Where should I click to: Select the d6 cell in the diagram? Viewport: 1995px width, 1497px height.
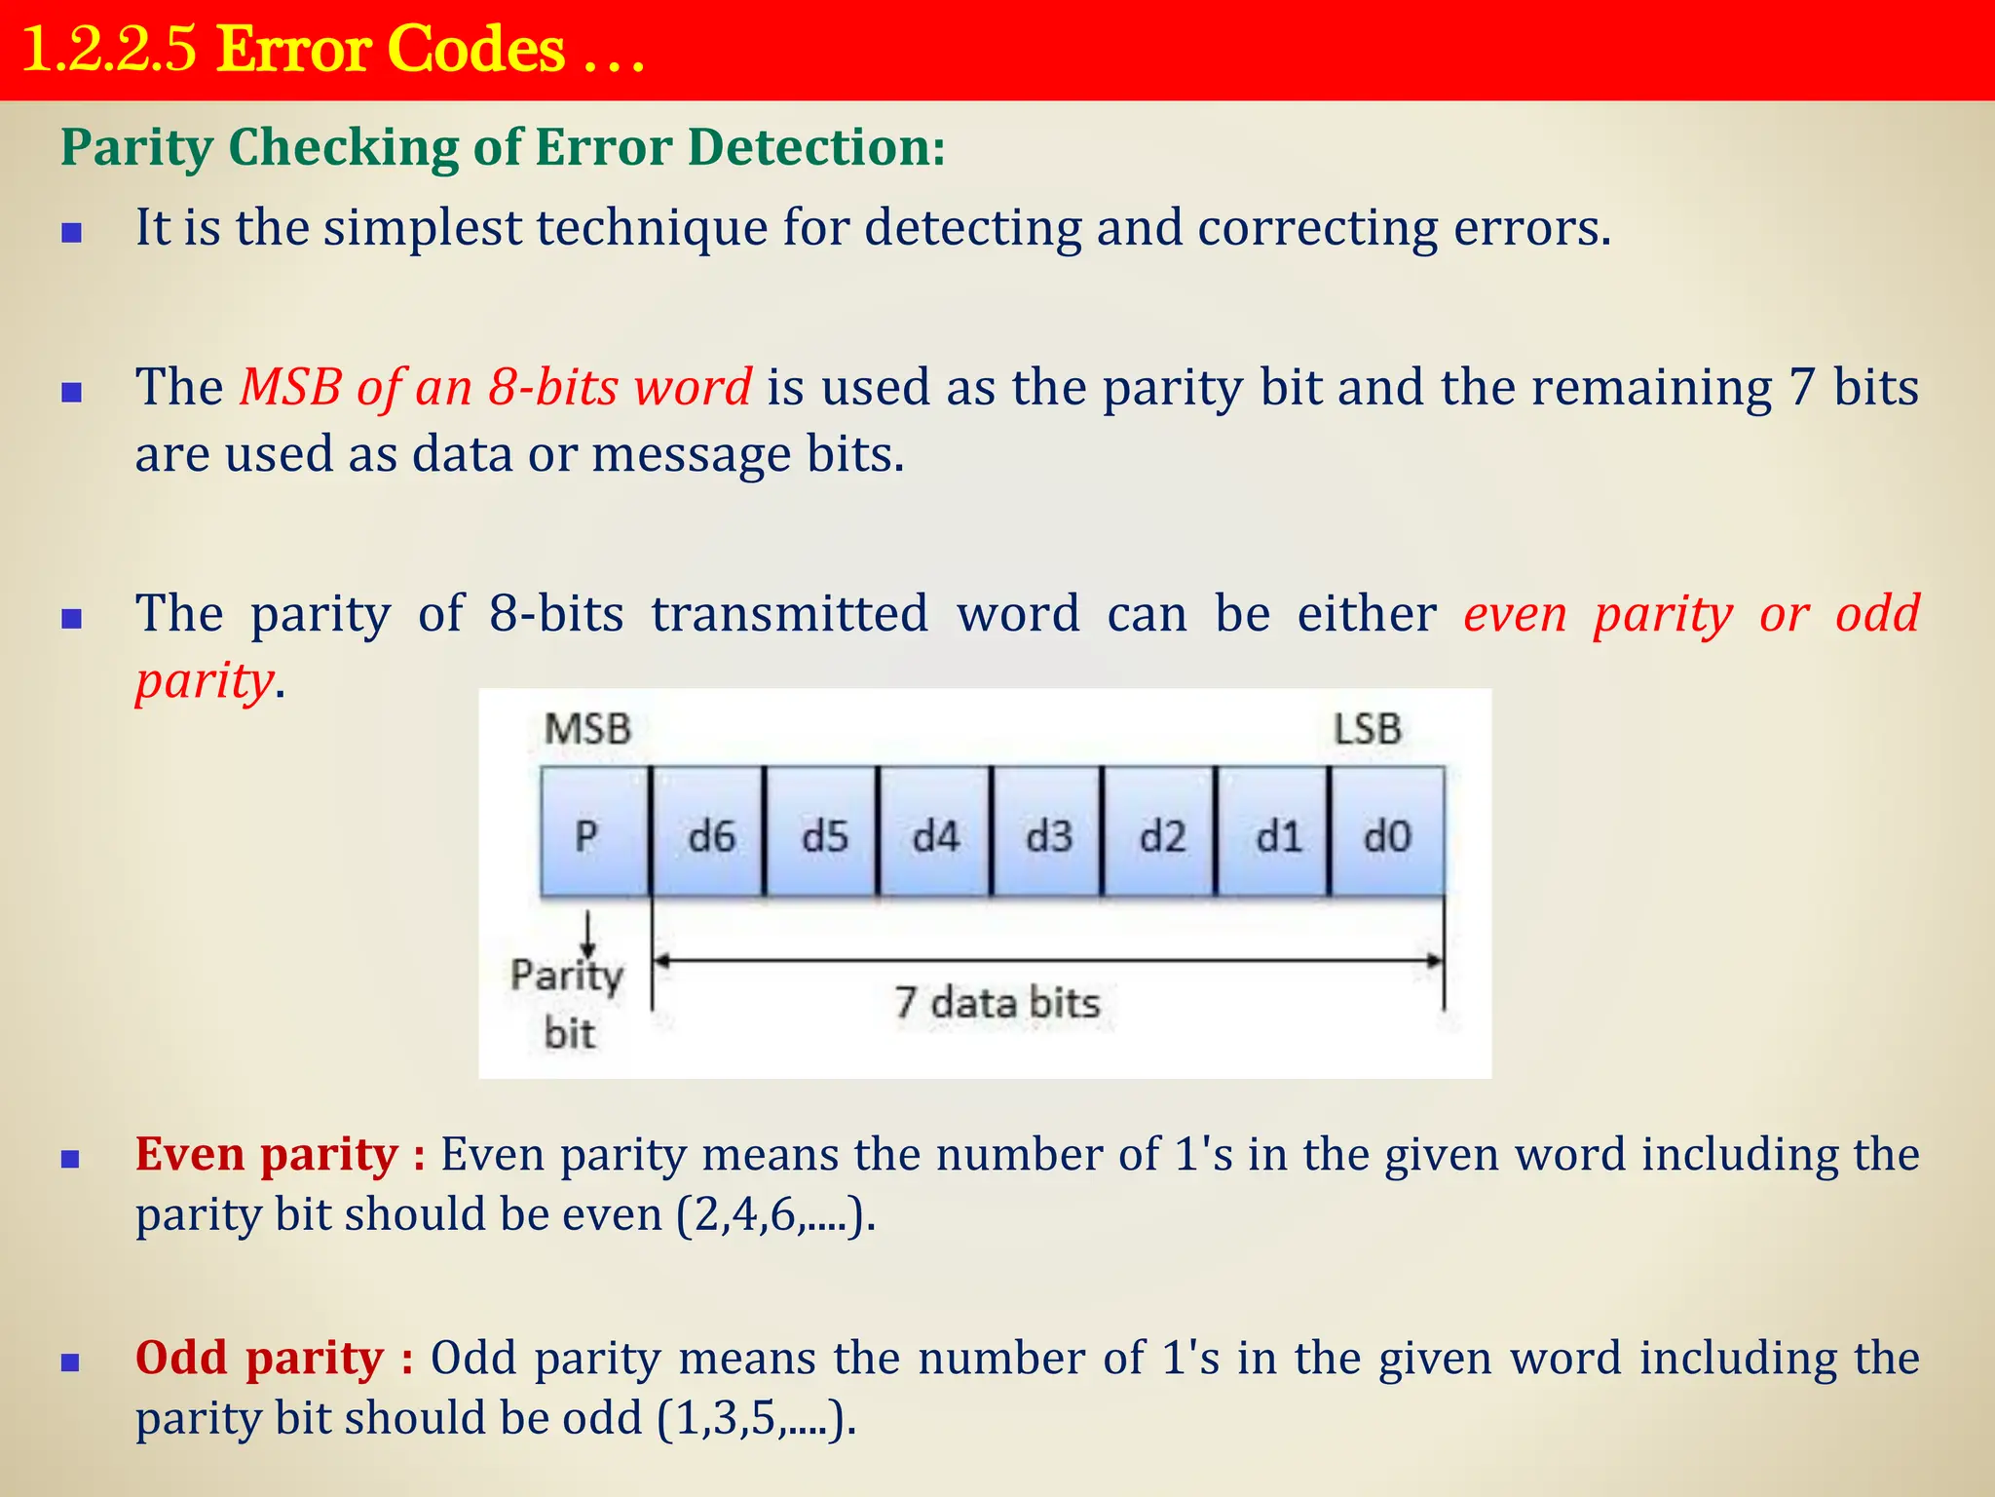[x=709, y=833]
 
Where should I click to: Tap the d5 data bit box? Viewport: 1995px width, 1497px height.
[x=823, y=833]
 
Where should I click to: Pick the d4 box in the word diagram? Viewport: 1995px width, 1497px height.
[x=935, y=833]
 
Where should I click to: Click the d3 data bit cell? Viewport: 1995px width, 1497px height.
[x=1048, y=833]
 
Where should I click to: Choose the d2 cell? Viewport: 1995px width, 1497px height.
[x=1161, y=833]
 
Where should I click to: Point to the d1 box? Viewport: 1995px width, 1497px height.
[x=1275, y=833]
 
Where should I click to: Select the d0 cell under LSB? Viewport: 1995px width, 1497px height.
[x=1387, y=833]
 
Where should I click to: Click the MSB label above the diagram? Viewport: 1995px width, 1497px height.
[x=587, y=729]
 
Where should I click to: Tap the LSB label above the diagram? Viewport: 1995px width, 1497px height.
[x=1367, y=729]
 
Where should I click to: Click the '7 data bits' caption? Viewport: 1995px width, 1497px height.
[x=997, y=1003]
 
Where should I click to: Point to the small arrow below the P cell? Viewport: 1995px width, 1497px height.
[x=588, y=934]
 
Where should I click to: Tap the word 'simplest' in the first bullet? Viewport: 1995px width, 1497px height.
[x=423, y=228]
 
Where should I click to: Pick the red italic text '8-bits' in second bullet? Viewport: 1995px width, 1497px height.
[x=553, y=387]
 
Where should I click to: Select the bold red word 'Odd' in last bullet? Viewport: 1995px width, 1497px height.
[x=181, y=1358]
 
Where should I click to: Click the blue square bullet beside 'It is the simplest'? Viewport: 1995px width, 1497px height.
[x=71, y=232]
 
